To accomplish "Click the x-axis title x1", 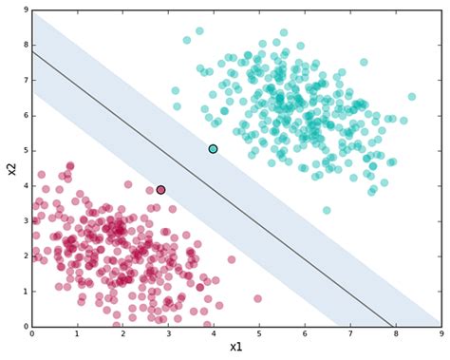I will point(235,348).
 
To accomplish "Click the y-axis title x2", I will point(11,169).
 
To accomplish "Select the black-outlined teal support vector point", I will point(214,149).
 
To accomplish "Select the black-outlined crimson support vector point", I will point(160,190).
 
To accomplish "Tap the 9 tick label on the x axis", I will point(441,334).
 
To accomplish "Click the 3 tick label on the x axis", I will point(168,334).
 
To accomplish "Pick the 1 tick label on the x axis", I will point(78,334).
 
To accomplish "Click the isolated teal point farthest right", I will point(412,97).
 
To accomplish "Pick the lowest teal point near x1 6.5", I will point(327,211).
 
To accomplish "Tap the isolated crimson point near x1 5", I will point(257,299).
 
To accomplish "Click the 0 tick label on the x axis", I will point(32,334).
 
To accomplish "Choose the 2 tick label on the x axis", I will point(123,334).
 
